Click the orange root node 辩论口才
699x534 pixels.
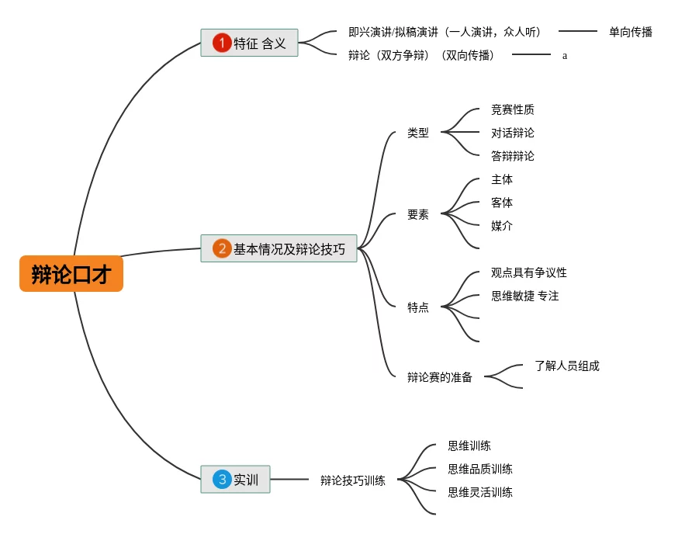click(71, 274)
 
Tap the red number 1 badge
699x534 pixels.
click(222, 43)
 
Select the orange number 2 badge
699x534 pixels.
click(222, 248)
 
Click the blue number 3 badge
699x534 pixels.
click(222, 479)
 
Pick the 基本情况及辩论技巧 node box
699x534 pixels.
click(279, 248)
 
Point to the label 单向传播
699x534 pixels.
click(630, 32)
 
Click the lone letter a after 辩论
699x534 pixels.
click(565, 56)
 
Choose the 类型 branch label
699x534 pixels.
click(417, 133)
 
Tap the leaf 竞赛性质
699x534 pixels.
click(512, 109)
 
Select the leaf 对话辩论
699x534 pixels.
click(512, 133)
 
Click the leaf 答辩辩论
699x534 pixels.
click(512, 156)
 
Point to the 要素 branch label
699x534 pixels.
click(417, 214)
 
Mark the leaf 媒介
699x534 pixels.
click(501, 226)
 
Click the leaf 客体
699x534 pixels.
click(501, 203)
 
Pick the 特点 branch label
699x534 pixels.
click(417, 307)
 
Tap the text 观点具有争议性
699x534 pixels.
click(528, 272)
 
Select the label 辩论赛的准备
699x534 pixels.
click(439, 377)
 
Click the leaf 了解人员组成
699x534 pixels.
click(566, 366)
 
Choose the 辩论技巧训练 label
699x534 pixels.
click(352, 480)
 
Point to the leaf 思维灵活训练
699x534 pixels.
click(479, 492)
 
